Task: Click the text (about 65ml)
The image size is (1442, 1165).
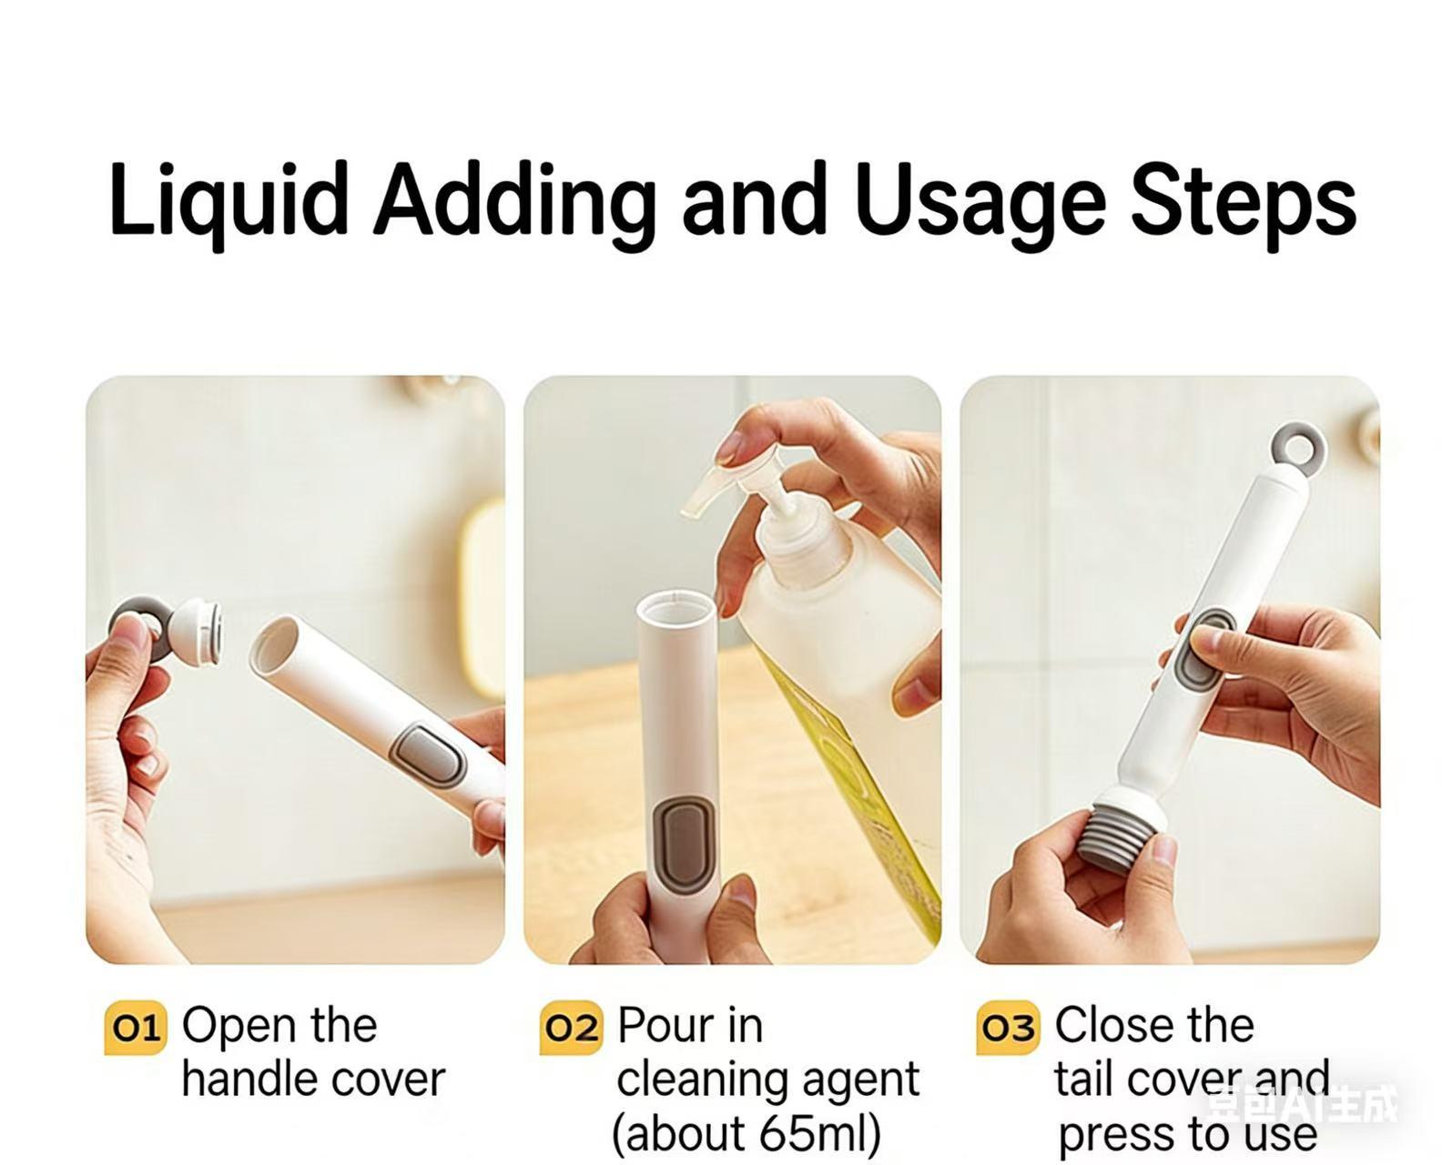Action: pyautogui.click(x=746, y=1134)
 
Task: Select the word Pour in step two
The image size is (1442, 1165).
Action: pyautogui.click(x=660, y=1026)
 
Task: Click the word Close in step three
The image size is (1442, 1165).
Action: pyautogui.click(x=1103, y=1026)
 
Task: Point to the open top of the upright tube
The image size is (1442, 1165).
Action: pyautogui.click(x=675, y=609)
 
